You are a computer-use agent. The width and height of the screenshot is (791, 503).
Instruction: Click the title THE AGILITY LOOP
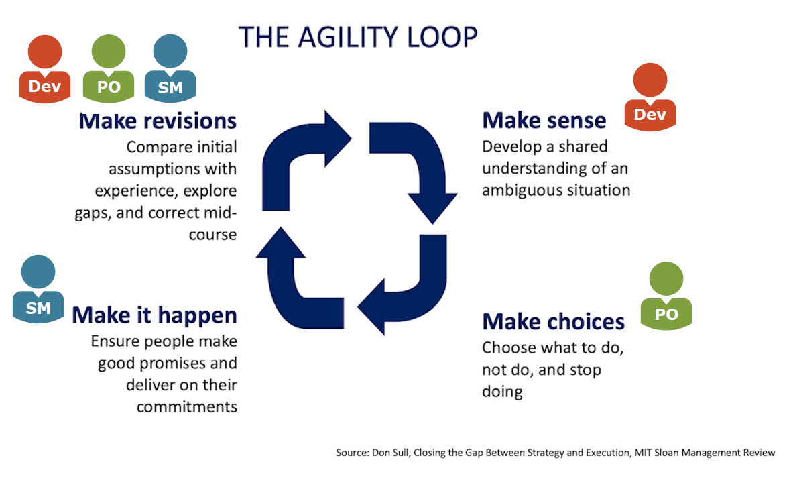(358, 38)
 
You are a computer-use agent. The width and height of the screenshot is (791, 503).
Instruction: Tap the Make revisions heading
(158, 121)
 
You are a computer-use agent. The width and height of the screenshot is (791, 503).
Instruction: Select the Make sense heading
(544, 120)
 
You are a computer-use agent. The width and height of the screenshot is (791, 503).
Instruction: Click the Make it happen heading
(155, 315)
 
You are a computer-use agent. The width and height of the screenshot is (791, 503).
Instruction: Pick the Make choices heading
(553, 321)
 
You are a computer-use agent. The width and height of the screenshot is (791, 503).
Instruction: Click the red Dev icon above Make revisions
(44, 70)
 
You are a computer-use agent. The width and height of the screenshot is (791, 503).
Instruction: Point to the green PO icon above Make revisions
(108, 70)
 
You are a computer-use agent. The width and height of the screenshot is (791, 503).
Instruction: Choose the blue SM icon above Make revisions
(170, 70)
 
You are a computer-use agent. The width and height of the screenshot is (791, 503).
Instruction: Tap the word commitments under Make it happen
(187, 406)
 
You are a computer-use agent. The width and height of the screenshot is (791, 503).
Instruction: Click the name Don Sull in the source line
(389, 453)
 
